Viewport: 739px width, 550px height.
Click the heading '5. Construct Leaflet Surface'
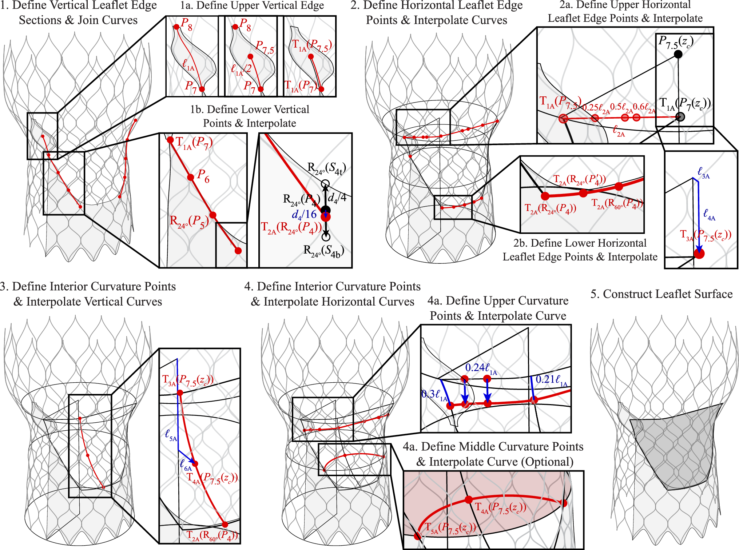661,294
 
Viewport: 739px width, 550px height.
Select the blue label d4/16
304,215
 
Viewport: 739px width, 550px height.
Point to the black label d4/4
337,198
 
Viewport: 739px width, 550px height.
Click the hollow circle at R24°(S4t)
325,184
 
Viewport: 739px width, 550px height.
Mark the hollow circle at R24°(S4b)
326,237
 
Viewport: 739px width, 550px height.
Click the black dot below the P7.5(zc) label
678,54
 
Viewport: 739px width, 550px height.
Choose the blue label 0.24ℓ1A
481,368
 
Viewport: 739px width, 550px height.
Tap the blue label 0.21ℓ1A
551,380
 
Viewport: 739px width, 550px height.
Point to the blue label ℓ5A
171,435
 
